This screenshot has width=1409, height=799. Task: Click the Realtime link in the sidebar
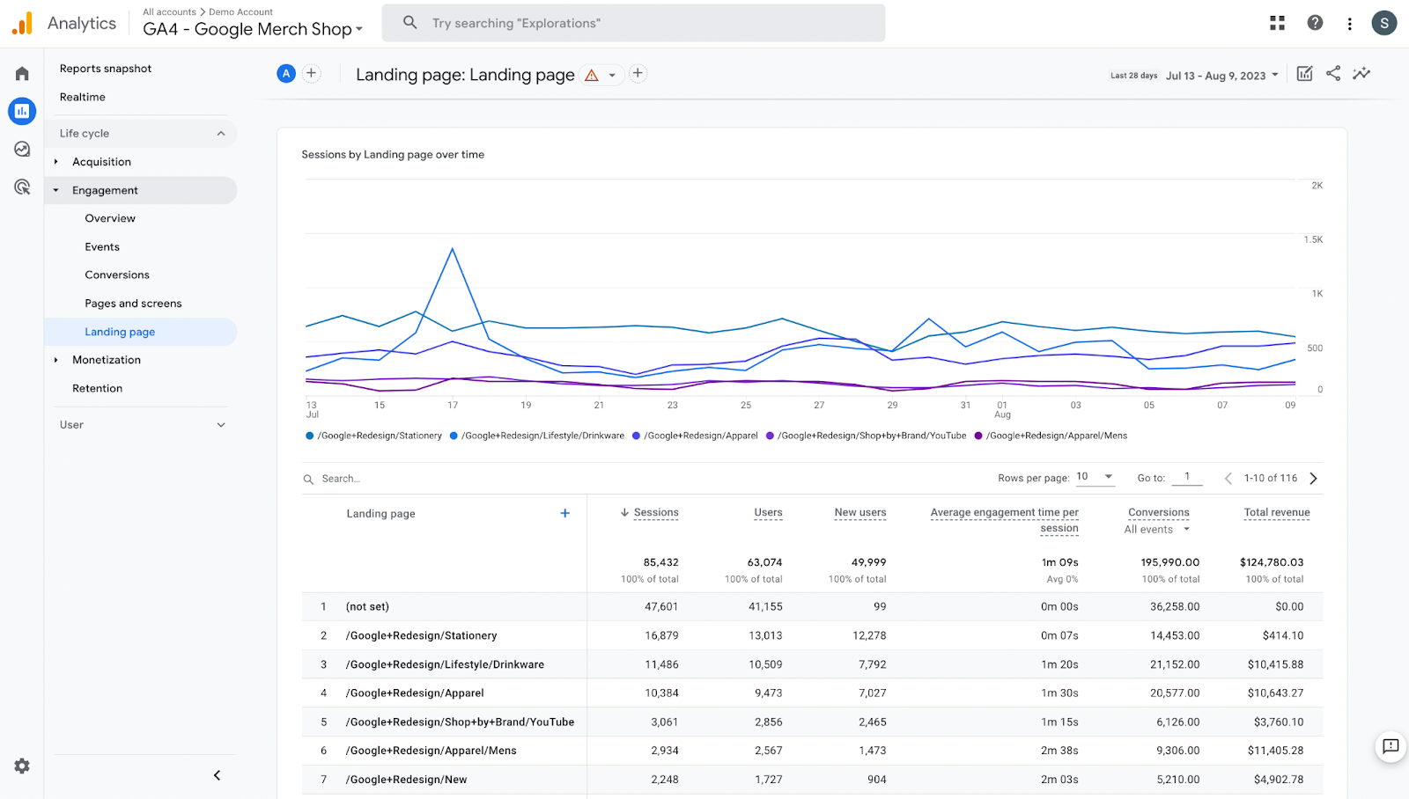[83, 97]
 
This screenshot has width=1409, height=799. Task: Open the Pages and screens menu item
[133, 304]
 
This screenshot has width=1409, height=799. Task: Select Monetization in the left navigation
[107, 360]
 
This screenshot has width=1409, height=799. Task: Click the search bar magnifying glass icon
[410, 23]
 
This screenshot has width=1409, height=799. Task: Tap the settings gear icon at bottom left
[22, 766]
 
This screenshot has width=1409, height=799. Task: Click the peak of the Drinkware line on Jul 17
[453, 249]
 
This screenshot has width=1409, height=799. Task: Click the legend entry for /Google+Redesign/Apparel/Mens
[1055, 436]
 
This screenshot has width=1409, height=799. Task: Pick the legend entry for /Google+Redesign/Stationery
[379, 436]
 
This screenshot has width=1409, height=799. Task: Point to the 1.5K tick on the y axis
[1313, 239]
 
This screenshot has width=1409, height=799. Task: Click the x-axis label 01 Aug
[1002, 409]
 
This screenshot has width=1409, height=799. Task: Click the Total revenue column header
[1276, 512]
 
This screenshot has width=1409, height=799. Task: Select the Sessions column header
[655, 512]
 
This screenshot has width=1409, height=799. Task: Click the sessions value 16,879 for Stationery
[661, 635]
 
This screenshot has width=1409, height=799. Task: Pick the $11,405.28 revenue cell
[1275, 751]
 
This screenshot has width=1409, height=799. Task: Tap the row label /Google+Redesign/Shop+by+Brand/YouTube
[460, 722]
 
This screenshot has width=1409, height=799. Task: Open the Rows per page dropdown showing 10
[1095, 477]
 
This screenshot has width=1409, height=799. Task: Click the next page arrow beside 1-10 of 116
[1314, 479]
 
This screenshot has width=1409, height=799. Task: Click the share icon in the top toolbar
[1333, 74]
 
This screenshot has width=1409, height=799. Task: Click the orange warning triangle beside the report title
[592, 76]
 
